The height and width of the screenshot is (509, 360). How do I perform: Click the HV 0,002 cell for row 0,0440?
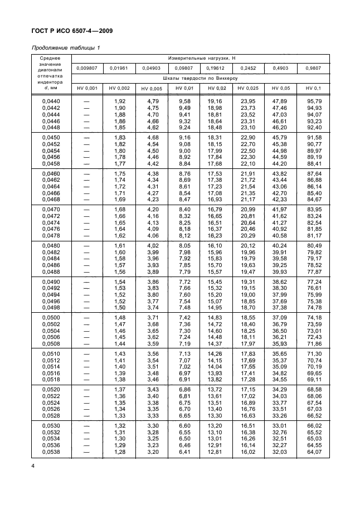(x=119, y=101)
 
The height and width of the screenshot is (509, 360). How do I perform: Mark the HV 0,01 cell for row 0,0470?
(x=183, y=209)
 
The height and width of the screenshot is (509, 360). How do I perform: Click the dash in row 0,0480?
(x=86, y=245)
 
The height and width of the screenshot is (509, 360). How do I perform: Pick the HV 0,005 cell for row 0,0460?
(x=152, y=173)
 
